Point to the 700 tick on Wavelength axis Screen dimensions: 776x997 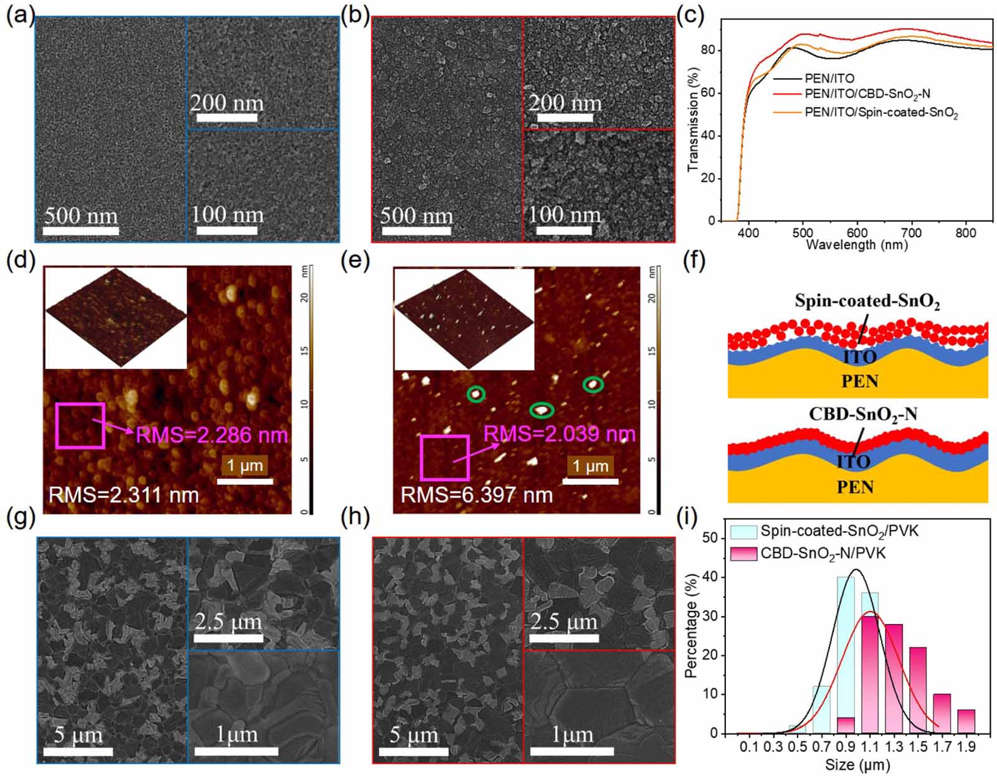pos(912,233)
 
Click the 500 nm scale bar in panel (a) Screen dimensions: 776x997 pos(80,230)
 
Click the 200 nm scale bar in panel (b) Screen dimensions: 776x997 pos(564,118)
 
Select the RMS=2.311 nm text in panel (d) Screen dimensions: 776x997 pos(124,495)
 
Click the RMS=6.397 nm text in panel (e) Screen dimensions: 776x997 pos(477,495)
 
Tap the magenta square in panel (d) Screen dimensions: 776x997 pos(80,425)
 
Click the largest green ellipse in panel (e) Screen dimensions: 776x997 pos(541,410)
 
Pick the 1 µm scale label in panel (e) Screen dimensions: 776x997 pos(590,466)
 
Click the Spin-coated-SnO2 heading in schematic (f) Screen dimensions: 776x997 pos(867,302)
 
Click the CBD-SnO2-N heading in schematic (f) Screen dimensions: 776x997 pos(862,414)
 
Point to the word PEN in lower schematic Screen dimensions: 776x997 pos(854,487)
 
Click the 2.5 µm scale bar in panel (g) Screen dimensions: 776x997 pos(228,638)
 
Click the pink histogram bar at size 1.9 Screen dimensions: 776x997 pos(966,721)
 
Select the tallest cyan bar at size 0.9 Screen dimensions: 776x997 pos(846,655)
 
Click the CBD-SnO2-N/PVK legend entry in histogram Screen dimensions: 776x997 pos(823,553)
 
